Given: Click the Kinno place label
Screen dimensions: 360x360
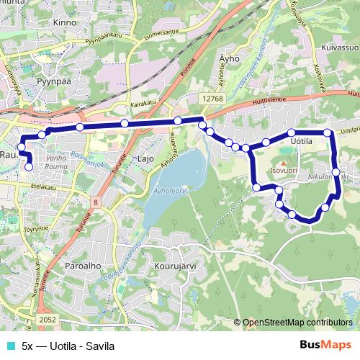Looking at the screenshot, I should tap(64, 23).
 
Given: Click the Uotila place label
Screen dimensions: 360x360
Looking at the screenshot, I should tap(300, 142).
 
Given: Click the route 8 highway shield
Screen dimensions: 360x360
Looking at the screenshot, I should tap(96, 203).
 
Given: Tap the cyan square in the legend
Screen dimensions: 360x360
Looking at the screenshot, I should tap(7, 346).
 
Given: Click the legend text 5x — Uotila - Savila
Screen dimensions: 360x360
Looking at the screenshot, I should tap(68, 346).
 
